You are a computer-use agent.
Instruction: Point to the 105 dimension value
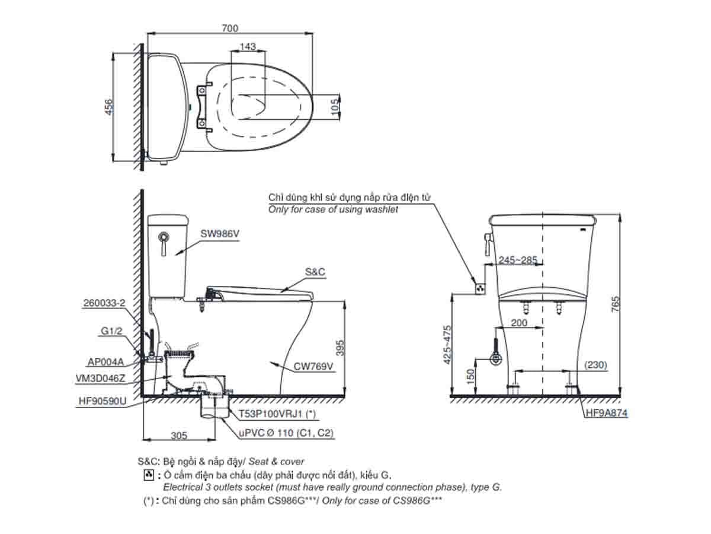(x=335, y=106)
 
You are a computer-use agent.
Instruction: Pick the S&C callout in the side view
(x=315, y=271)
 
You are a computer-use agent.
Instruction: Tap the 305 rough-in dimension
(x=178, y=436)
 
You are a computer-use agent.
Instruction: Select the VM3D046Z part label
(x=101, y=378)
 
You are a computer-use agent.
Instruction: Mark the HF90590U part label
(x=103, y=401)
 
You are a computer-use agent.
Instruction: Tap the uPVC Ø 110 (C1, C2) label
(x=286, y=434)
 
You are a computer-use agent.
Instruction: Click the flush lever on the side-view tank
(x=165, y=241)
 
